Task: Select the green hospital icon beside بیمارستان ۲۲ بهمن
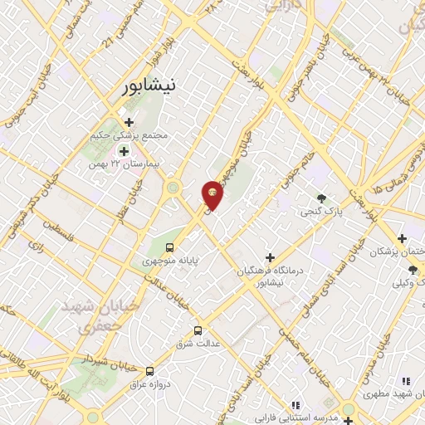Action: (125, 151)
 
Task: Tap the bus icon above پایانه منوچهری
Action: (170, 247)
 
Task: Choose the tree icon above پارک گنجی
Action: (321, 198)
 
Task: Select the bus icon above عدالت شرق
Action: (198, 328)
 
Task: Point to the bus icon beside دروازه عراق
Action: (150, 371)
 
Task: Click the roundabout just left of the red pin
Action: (173, 188)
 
